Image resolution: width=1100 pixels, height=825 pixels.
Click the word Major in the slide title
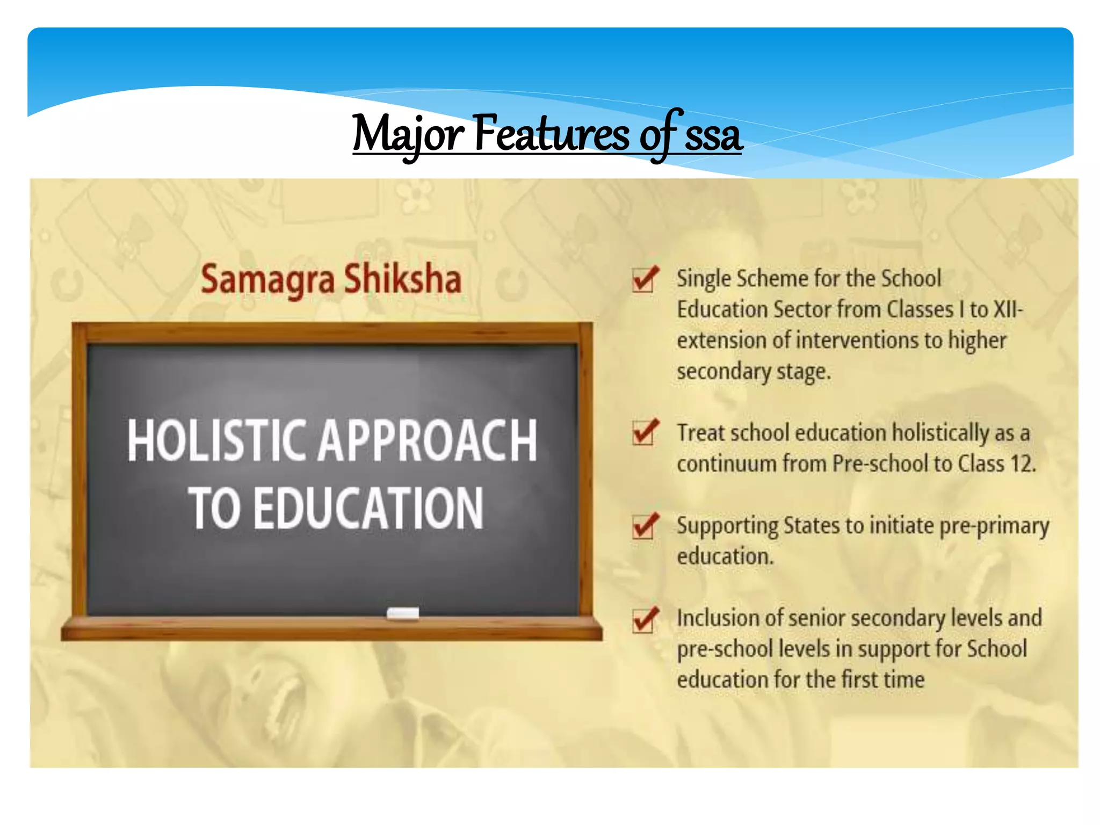click(x=408, y=134)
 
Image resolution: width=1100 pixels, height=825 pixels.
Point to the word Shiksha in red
click(x=402, y=279)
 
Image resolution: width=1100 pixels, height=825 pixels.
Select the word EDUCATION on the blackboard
click(x=368, y=508)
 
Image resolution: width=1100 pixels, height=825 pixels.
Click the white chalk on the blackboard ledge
click(x=403, y=613)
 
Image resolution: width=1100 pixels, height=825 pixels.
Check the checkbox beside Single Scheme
click(x=643, y=279)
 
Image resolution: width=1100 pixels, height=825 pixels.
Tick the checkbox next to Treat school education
click(x=643, y=433)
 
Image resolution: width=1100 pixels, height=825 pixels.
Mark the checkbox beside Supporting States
click(x=643, y=526)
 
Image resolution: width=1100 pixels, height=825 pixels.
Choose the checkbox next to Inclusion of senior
click(x=643, y=620)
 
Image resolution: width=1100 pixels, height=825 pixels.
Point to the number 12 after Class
click(x=1023, y=464)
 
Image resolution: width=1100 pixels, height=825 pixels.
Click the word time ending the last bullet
click(x=904, y=680)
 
